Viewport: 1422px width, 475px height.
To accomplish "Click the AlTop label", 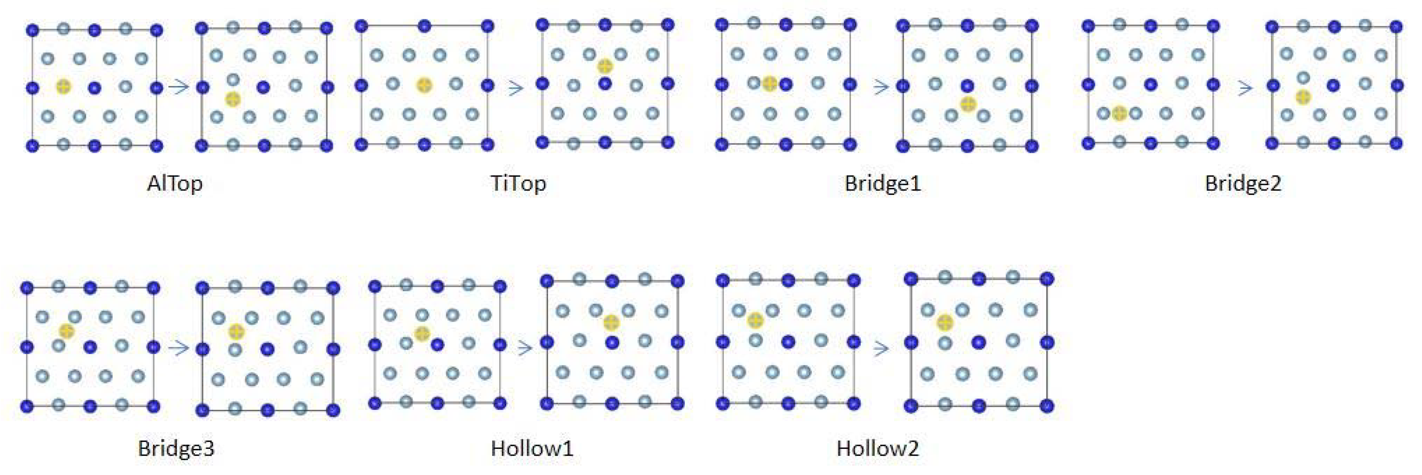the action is tap(175, 183).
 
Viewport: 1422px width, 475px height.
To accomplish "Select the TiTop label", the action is tap(518, 183).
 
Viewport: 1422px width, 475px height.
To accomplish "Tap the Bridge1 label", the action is tap(883, 183).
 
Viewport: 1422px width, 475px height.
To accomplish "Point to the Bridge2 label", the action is tap(1242, 183).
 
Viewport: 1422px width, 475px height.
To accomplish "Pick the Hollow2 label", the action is tap(878, 448).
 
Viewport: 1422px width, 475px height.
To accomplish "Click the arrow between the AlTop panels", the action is tap(179, 87).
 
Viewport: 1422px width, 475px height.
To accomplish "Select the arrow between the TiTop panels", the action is tap(515, 88).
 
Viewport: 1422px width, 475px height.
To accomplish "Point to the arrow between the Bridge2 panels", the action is tap(1245, 88).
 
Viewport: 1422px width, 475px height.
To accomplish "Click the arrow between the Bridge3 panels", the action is tap(178, 348).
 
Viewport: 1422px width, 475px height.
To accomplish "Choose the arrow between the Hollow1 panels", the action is tap(524, 348).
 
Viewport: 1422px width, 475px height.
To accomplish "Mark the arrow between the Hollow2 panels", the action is tap(881, 348).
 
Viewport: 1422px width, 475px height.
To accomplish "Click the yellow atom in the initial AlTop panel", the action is tap(64, 86).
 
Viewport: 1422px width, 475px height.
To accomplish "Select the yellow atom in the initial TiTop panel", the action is tap(424, 85).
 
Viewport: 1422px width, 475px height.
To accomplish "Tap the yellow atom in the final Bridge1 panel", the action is tap(968, 104).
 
